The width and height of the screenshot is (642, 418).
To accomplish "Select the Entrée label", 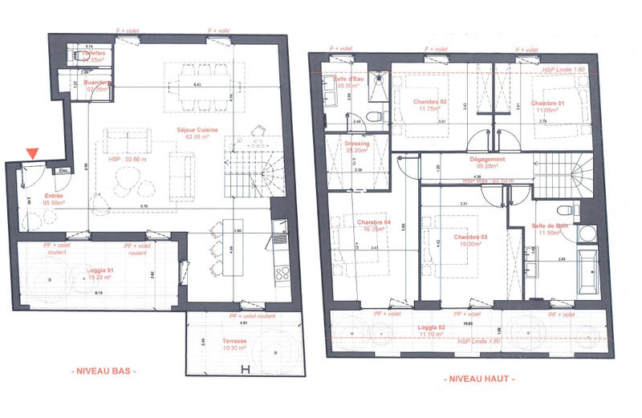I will click(x=55, y=195).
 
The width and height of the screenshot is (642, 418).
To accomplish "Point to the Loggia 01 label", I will click(x=101, y=271).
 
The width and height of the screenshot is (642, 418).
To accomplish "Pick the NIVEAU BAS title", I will click(x=104, y=371).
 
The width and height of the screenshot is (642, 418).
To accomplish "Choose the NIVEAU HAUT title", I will click(x=479, y=379).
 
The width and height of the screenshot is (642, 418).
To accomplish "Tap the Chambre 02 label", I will click(x=430, y=103).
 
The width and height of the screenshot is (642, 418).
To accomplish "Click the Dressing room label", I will click(x=357, y=144).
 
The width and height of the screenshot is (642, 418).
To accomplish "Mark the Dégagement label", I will click(x=488, y=160).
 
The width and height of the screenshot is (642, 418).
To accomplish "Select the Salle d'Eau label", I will click(x=350, y=79).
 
